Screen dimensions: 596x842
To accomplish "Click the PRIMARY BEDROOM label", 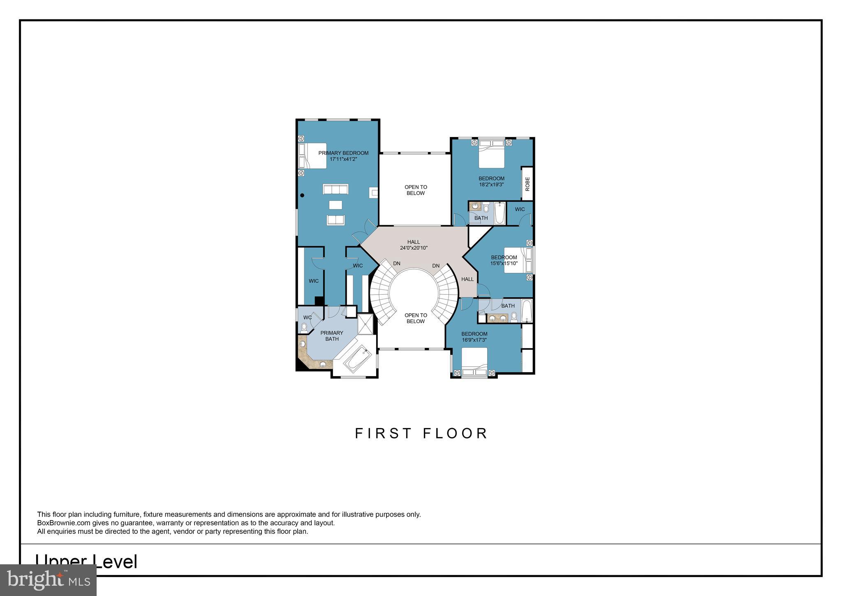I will point(343,153).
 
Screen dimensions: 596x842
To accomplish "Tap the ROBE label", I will point(527,184).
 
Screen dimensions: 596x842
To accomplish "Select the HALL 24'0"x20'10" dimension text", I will point(414,248).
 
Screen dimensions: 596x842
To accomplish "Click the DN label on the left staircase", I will point(397,263).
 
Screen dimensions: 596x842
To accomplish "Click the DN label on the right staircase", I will point(436,266).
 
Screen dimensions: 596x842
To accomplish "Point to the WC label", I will point(307,318).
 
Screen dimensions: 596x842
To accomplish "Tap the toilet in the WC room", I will point(304,328).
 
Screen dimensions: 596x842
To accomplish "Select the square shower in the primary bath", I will point(365,324).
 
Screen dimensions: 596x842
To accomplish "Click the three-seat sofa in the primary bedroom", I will point(335,189).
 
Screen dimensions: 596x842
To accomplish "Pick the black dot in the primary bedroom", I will point(302,196).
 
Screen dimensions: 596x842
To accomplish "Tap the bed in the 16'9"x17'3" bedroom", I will point(474,361).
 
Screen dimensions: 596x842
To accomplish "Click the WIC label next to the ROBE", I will point(520,209).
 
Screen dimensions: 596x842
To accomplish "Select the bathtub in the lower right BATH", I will point(527,311).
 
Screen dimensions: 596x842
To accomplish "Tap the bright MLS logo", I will point(48,580).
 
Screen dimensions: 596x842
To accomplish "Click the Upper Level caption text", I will point(86,562).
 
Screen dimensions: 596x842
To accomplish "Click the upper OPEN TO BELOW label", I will point(415,190).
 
